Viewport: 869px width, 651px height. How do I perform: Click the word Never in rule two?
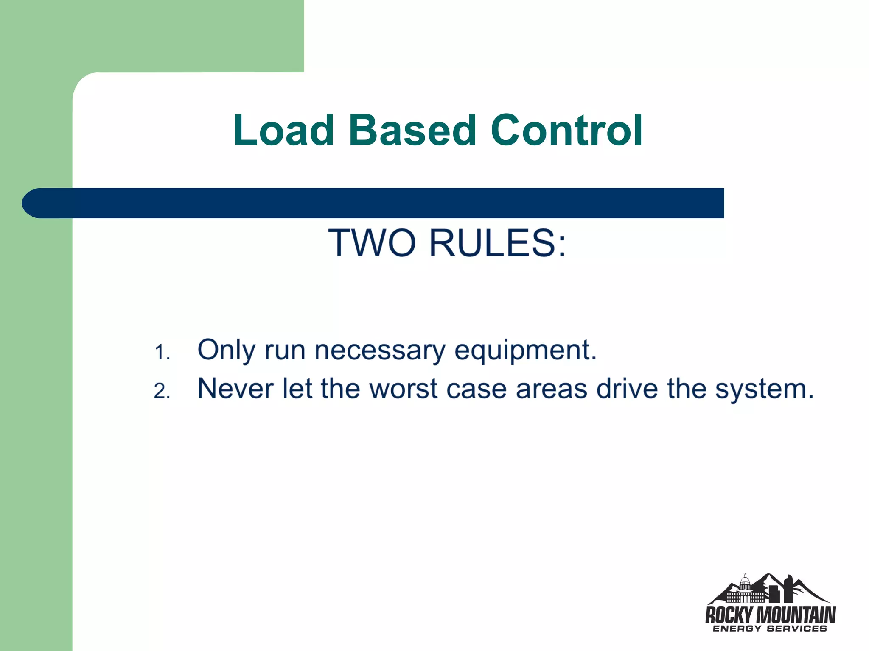coord(235,388)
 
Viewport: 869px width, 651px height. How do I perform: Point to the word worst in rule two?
coord(404,388)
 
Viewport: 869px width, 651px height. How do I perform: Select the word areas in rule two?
coord(552,389)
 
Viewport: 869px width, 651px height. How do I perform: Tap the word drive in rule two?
coord(627,388)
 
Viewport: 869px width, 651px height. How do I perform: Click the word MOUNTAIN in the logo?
coord(796,615)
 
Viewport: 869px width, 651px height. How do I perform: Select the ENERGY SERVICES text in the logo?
coord(770,629)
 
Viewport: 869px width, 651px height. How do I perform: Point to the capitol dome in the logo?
coord(745,583)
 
